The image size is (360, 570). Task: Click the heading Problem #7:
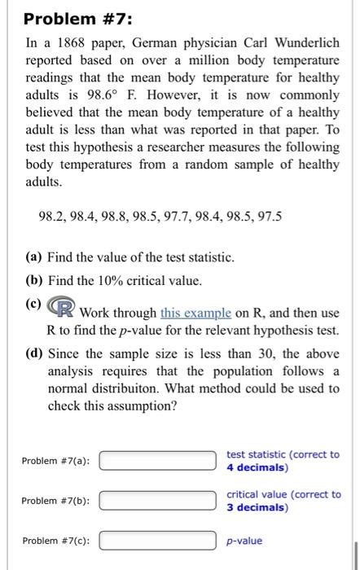(x=64, y=19)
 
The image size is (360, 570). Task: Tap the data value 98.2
(x=50, y=217)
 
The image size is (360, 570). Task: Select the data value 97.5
(x=269, y=217)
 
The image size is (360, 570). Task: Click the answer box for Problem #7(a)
(x=159, y=462)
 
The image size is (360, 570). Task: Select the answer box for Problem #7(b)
(x=159, y=501)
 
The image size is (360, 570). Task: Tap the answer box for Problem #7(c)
(x=159, y=541)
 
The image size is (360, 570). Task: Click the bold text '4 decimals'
(x=257, y=467)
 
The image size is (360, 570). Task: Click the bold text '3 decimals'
(x=257, y=507)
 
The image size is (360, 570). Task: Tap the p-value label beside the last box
(x=245, y=541)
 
